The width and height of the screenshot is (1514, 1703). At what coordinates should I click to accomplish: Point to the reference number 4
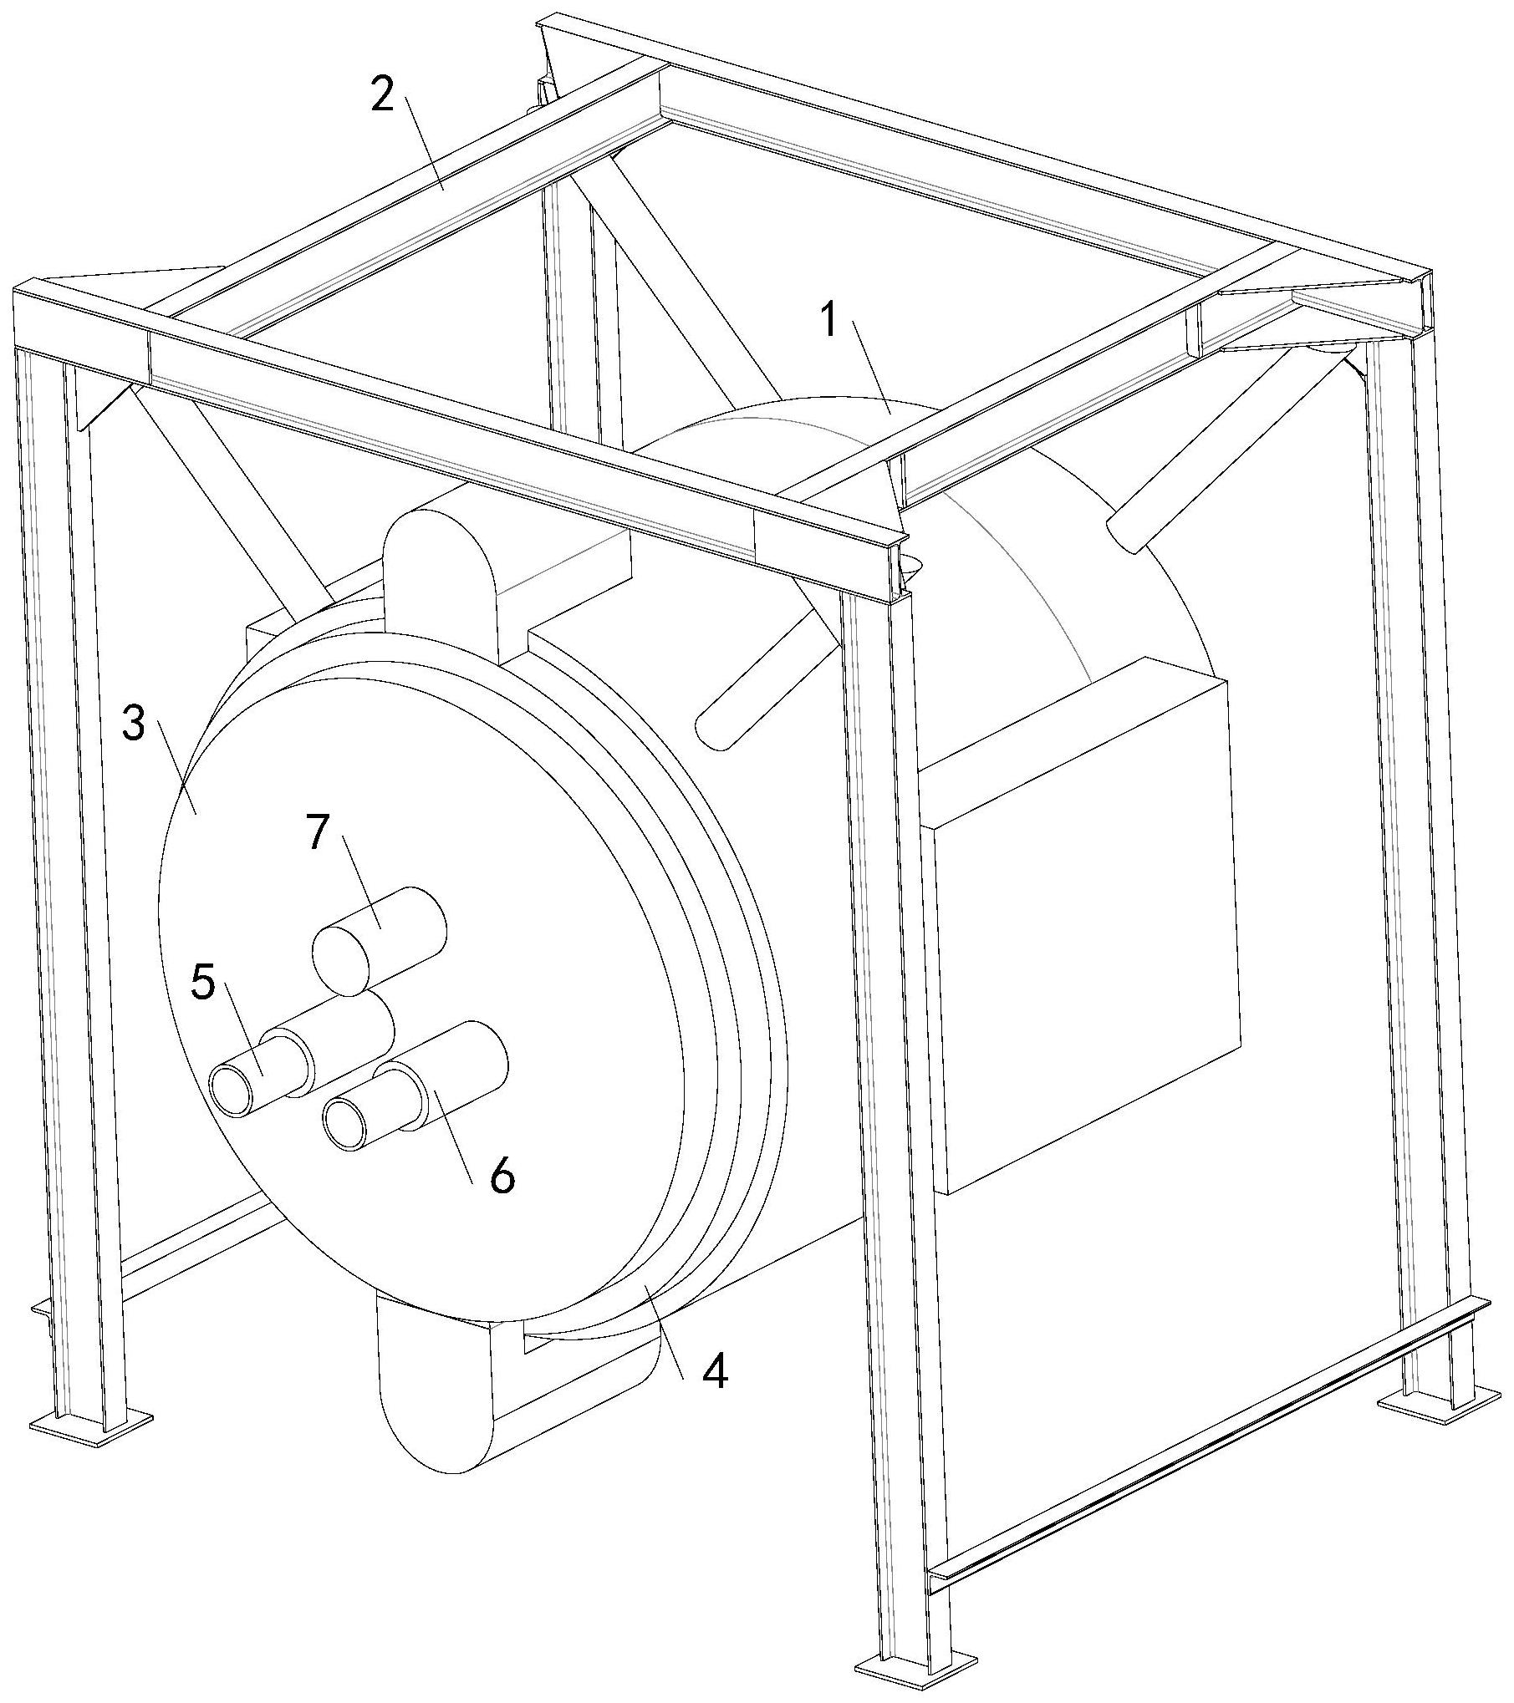pyautogui.click(x=713, y=1372)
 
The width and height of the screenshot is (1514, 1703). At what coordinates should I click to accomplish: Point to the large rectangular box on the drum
pyautogui.click(x=1087, y=928)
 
